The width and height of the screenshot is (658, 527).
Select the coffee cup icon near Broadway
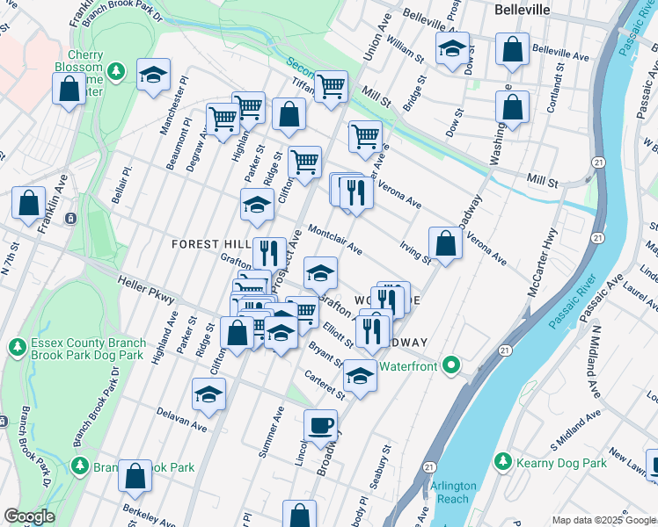click(320, 425)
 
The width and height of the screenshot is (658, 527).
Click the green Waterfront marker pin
click(452, 364)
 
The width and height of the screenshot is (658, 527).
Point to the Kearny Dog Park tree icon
click(502, 461)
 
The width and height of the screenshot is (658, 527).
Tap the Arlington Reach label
click(454, 493)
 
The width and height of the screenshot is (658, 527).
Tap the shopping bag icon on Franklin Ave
click(28, 202)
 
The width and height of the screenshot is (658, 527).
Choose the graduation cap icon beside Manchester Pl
click(153, 75)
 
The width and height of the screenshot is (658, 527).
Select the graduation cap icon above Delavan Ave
click(208, 395)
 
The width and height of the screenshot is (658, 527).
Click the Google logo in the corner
click(28, 516)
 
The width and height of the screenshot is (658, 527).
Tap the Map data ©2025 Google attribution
click(603, 520)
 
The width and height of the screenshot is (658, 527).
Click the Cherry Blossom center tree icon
click(114, 69)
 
